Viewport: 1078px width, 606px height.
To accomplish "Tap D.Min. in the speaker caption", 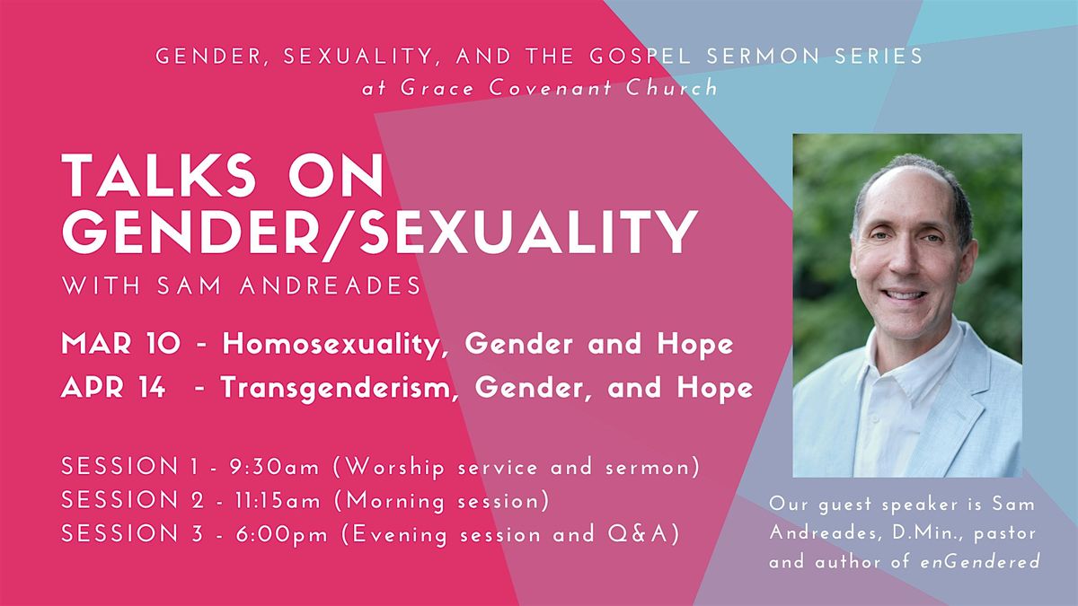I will pyautogui.click(x=893, y=533).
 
